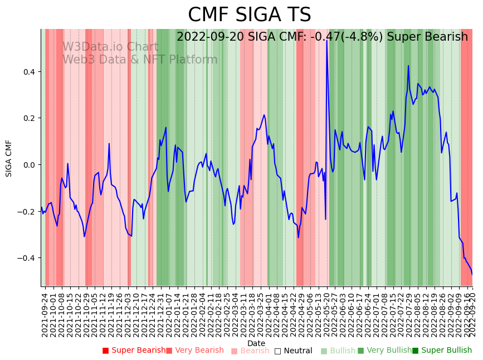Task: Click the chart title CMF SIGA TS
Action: click(249, 15)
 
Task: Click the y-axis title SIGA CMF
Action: click(9, 158)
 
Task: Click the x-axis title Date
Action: click(256, 343)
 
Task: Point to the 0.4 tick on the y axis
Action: click(28, 72)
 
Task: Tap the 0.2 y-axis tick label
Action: click(28, 118)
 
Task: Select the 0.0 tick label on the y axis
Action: click(28, 165)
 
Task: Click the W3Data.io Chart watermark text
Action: click(110, 47)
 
